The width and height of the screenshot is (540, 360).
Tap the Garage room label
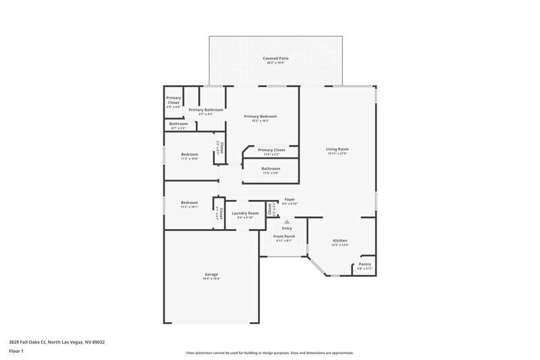pyautogui.click(x=212, y=274)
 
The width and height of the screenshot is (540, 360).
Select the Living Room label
pyautogui.click(x=337, y=149)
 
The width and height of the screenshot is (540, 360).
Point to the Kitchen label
pyautogui.click(x=340, y=241)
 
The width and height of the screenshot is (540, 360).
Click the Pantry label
pyautogui.click(x=364, y=264)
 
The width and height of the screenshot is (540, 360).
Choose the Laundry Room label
pyautogui.click(x=245, y=213)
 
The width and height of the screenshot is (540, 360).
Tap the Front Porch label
pyautogui.click(x=283, y=236)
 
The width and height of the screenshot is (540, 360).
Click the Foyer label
pyautogui.click(x=290, y=200)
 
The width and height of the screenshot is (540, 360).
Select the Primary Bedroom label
pyautogui.click(x=261, y=116)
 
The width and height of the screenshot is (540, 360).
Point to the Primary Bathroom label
pyautogui.click(x=205, y=109)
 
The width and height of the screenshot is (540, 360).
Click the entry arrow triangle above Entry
pyautogui.click(x=287, y=221)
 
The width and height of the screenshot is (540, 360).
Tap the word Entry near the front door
pyautogui.click(x=287, y=228)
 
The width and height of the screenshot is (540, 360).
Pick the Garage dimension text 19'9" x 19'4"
pyautogui.click(x=212, y=279)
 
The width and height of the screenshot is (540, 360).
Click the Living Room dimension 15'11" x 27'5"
pyautogui.click(x=337, y=154)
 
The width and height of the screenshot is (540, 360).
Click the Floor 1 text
pyautogui.click(x=17, y=351)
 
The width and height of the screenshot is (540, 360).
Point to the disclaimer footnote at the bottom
pyautogui.click(x=269, y=353)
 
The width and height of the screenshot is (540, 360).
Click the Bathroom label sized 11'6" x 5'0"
pyautogui.click(x=271, y=169)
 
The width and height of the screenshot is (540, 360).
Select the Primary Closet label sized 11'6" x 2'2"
pyautogui.click(x=271, y=150)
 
